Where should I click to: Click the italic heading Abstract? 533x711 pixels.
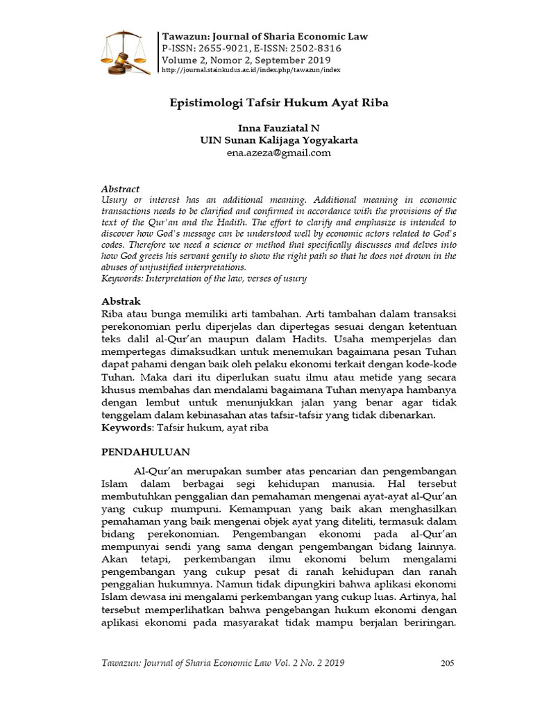tap(120, 189)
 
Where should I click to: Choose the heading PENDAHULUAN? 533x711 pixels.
tap(146, 451)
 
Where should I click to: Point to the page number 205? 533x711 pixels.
tap(447, 664)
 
